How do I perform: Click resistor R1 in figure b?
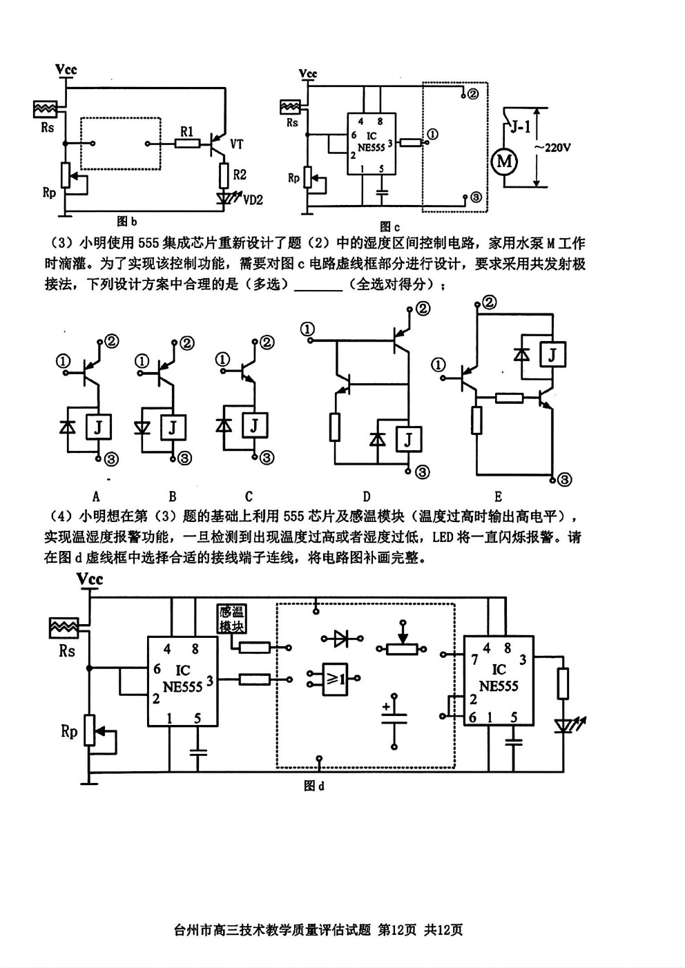click(x=187, y=143)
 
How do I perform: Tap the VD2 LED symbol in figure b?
click(x=224, y=197)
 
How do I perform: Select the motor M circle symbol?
click(x=504, y=161)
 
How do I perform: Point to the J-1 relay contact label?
click(x=521, y=127)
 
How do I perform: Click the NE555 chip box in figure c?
click(x=372, y=144)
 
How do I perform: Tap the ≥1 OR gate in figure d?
click(x=335, y=679)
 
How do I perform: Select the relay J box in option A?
click(x=99, y=427)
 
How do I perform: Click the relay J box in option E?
click(x=552, y=354)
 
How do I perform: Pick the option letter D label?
click(x=367, y=496)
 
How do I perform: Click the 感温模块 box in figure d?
click(x=231, y=619)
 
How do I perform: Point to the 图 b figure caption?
click(x=126, y=222)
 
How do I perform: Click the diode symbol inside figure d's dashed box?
click(x=342, y=638)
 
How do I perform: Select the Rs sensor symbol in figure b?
click(x=45, y=109)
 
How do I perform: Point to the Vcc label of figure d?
click(x=90, y=579)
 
